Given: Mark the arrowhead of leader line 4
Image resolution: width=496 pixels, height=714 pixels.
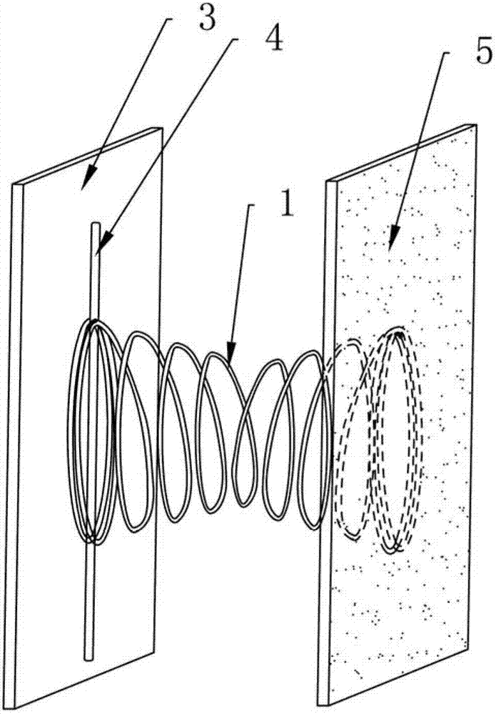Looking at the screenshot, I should coord(98,251).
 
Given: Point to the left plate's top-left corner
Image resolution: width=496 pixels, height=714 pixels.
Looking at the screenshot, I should coord(14,183).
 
